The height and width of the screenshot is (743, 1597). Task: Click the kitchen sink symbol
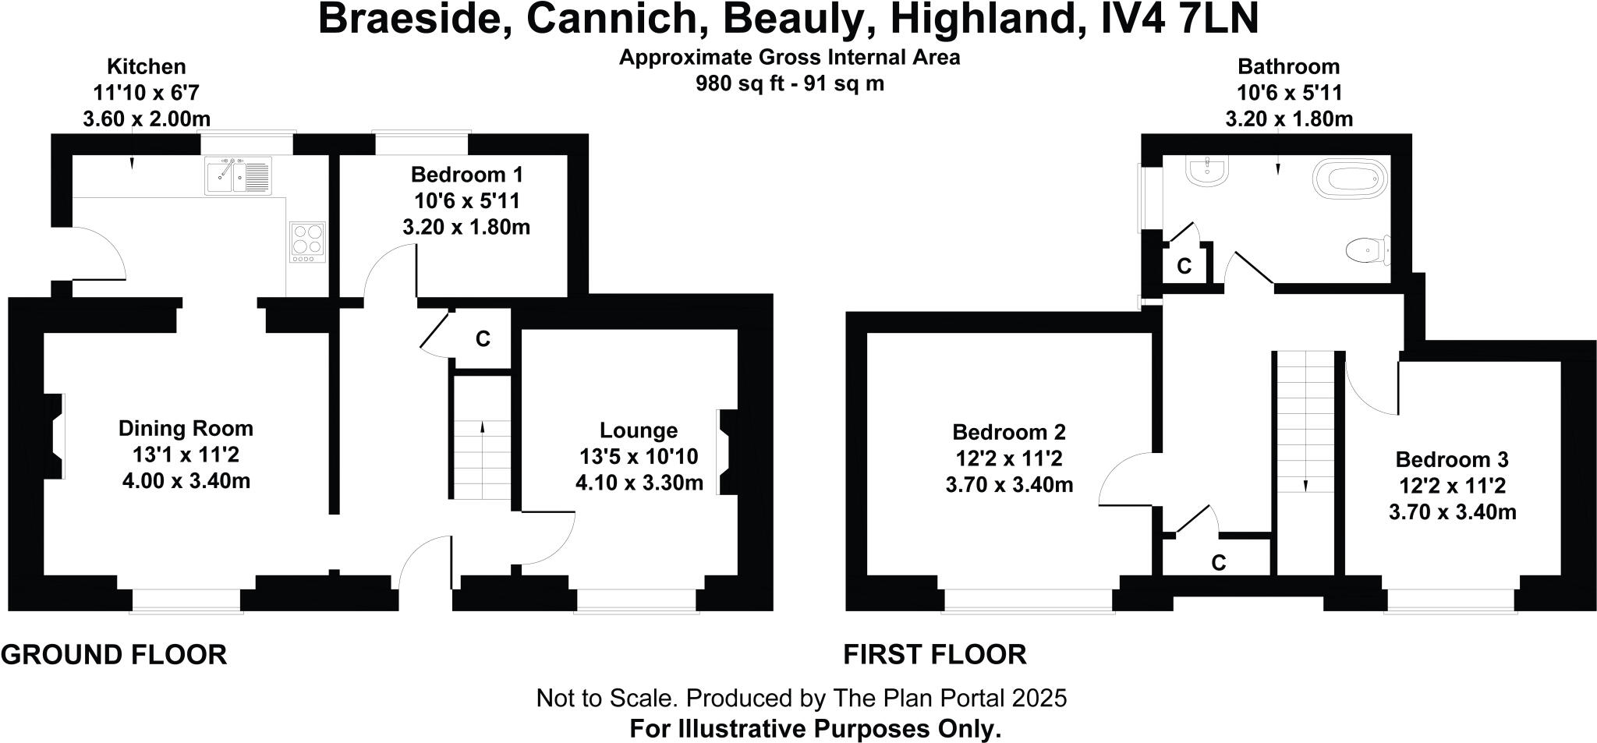point(238,175)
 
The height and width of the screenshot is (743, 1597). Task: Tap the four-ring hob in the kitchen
point(306,241)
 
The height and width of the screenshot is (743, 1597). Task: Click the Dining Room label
point(186,428)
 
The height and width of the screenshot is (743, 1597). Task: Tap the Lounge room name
point(638,430)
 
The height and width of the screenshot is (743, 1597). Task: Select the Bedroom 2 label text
point(1008,432)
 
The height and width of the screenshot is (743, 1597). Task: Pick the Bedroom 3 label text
point(1451,459)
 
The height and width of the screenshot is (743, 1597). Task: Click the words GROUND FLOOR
point(114,655)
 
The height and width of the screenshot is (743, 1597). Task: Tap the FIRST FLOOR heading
point(934,655)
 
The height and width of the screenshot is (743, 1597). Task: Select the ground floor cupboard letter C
point(483,339)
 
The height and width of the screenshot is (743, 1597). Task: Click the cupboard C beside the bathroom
point(1184,267)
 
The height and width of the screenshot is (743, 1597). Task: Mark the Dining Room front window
point(186,601)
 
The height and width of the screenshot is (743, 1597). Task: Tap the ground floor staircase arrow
point(482,427)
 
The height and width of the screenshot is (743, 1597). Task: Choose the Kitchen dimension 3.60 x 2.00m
point(146,119)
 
